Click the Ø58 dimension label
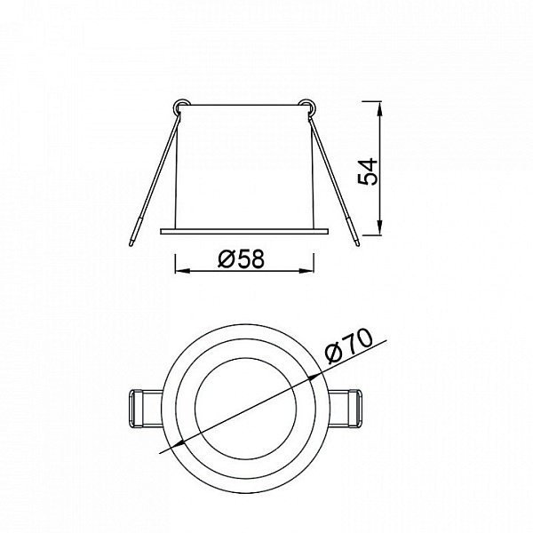point(241,259)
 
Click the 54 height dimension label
point(368,171)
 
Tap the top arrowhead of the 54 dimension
point(379,109)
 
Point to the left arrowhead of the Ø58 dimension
point(183,271)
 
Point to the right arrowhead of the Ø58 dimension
point(306,271)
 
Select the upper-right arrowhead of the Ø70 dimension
point(314,376)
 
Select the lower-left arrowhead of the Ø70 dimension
point(179,443)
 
